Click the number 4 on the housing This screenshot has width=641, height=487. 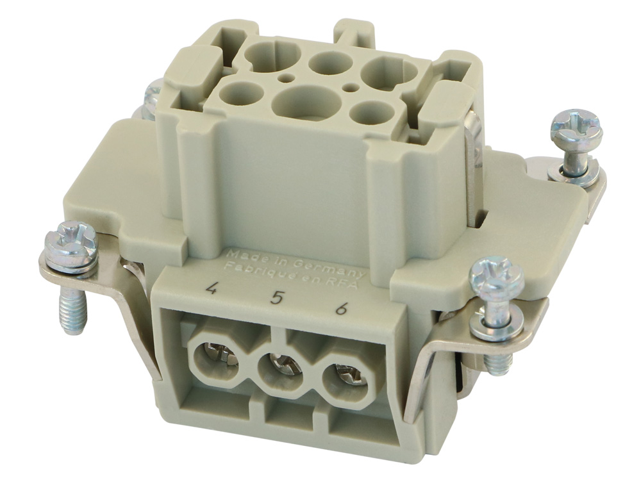(211, 286)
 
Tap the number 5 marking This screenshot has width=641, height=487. (277, 297)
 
